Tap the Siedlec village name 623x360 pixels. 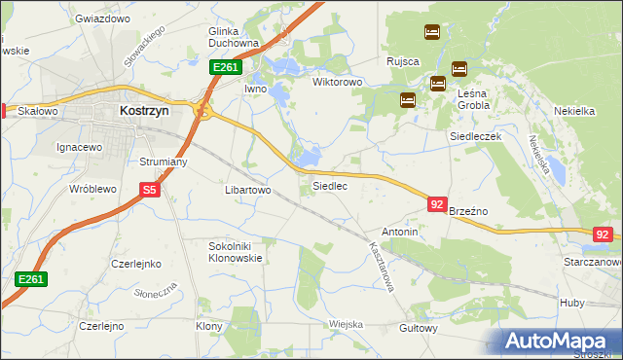329,185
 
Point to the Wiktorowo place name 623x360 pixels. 337,82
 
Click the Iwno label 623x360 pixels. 255,89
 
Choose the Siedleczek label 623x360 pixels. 474,137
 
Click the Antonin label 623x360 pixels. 399,233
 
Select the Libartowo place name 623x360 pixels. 247,191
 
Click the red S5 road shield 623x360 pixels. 149,191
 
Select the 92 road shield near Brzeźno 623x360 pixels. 437,203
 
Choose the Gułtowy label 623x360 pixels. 419,329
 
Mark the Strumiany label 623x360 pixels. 164,162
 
